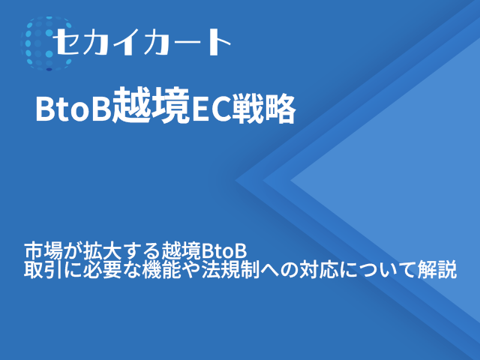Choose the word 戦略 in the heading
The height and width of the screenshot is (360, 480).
[265, 110]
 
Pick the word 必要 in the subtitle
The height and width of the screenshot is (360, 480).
[96, 269]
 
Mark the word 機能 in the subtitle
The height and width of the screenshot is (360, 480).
[153, 269]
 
